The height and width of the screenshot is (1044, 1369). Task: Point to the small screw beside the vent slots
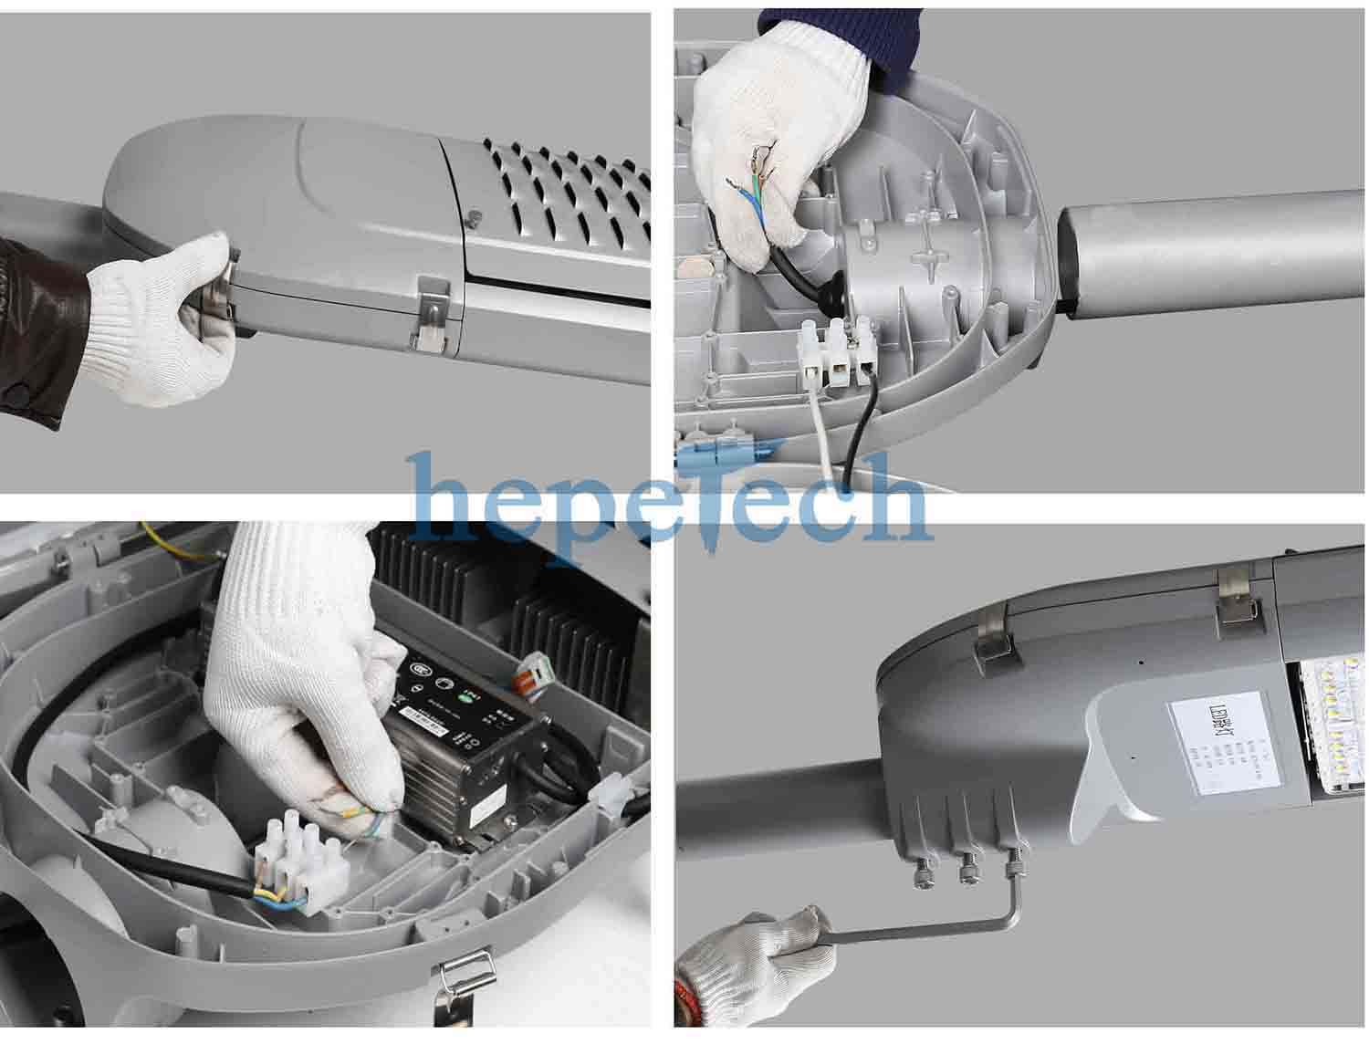[x=474, y=216]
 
